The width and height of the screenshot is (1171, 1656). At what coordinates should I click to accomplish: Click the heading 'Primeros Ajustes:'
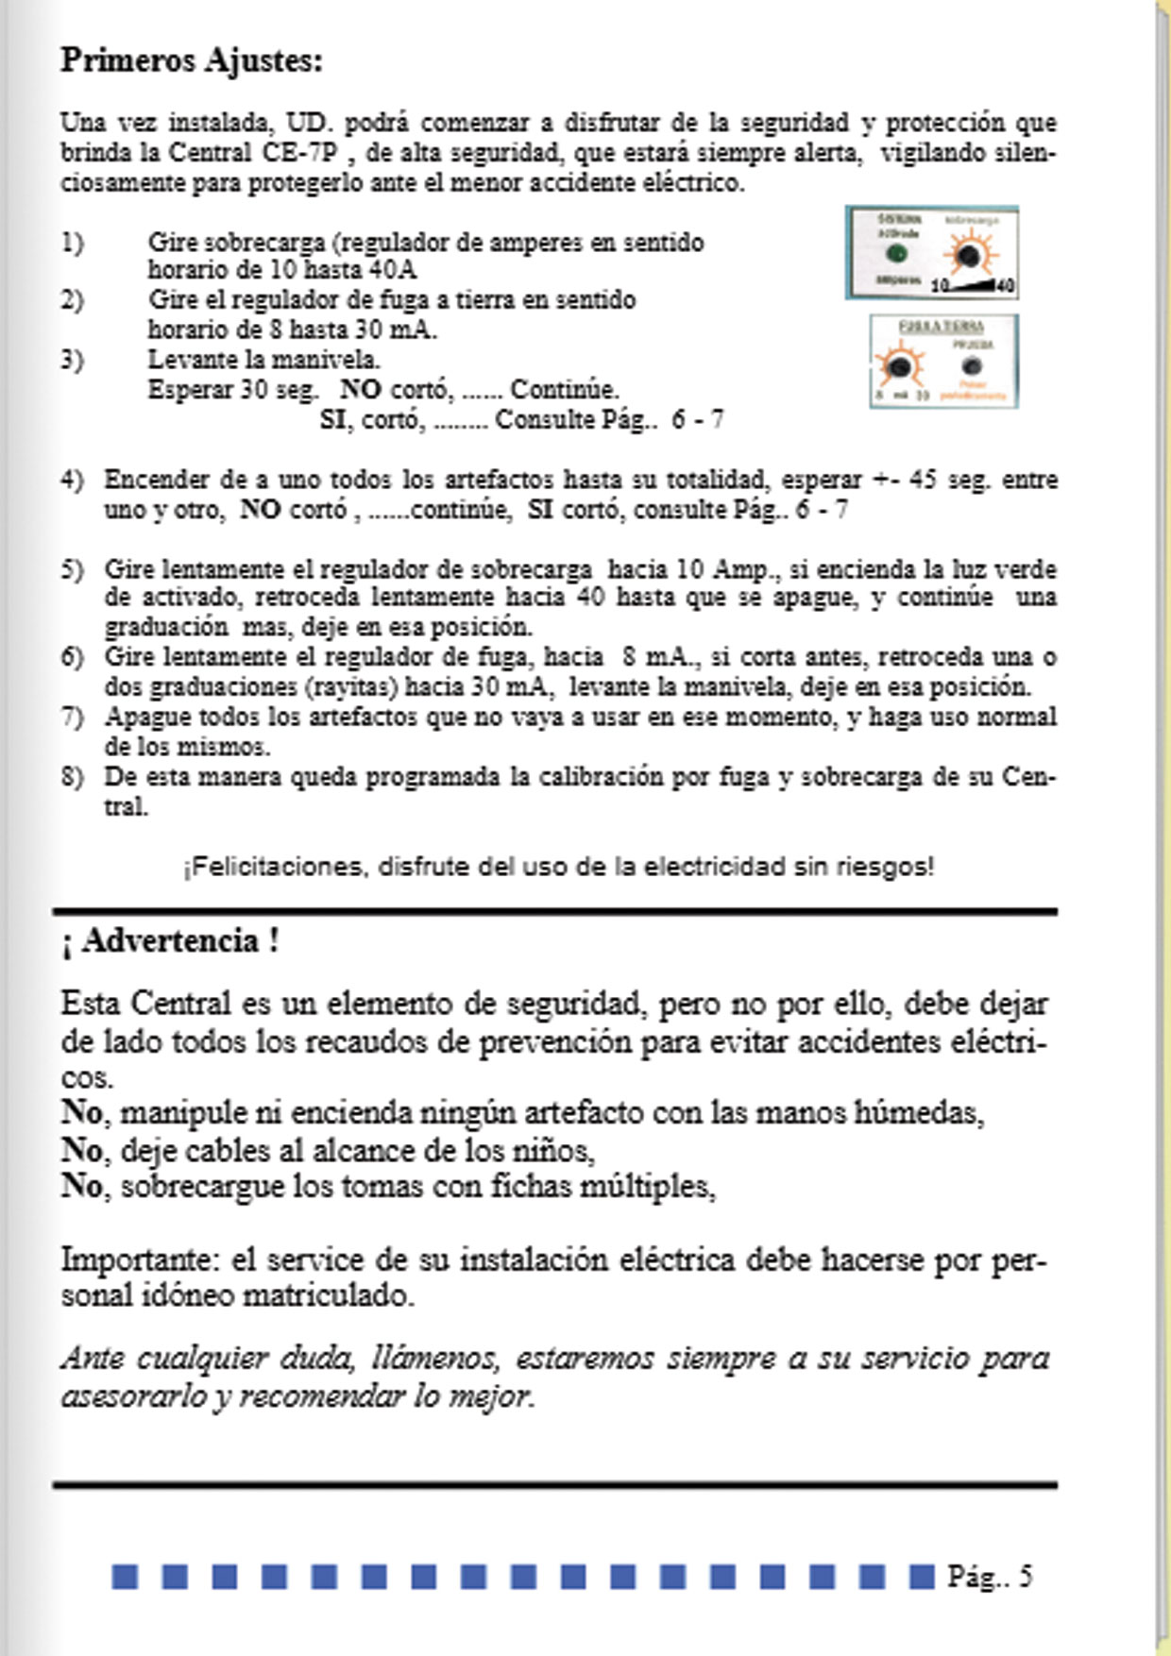tap(192, 61)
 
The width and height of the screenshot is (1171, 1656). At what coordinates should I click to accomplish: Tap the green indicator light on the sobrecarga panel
tap(896, 253)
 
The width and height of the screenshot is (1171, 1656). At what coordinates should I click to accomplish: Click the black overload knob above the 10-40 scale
tap(966, 256)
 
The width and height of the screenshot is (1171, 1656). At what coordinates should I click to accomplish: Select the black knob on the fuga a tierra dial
tap(901, 365)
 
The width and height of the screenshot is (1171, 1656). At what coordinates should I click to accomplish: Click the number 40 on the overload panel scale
tap(1005, 285)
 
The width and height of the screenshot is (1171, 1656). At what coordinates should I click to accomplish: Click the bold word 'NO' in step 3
tap(360, 389)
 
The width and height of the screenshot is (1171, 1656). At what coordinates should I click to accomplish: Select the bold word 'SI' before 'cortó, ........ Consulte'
tap(332, 419)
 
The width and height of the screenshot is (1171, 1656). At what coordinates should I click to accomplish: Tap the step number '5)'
tap(73, 569)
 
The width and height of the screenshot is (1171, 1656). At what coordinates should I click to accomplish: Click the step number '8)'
tap(73, 777)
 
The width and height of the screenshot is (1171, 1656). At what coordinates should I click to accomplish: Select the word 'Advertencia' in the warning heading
tap(170, 941)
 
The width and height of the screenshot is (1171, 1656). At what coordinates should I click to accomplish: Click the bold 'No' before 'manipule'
tap(82, 1112)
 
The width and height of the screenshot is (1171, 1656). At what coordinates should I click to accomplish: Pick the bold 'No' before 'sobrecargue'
tap(82, 1185)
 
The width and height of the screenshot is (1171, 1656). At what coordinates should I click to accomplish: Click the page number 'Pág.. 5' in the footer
tap(990, 1576)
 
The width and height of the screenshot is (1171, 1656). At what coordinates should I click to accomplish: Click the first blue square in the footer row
tap(125, 1576)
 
